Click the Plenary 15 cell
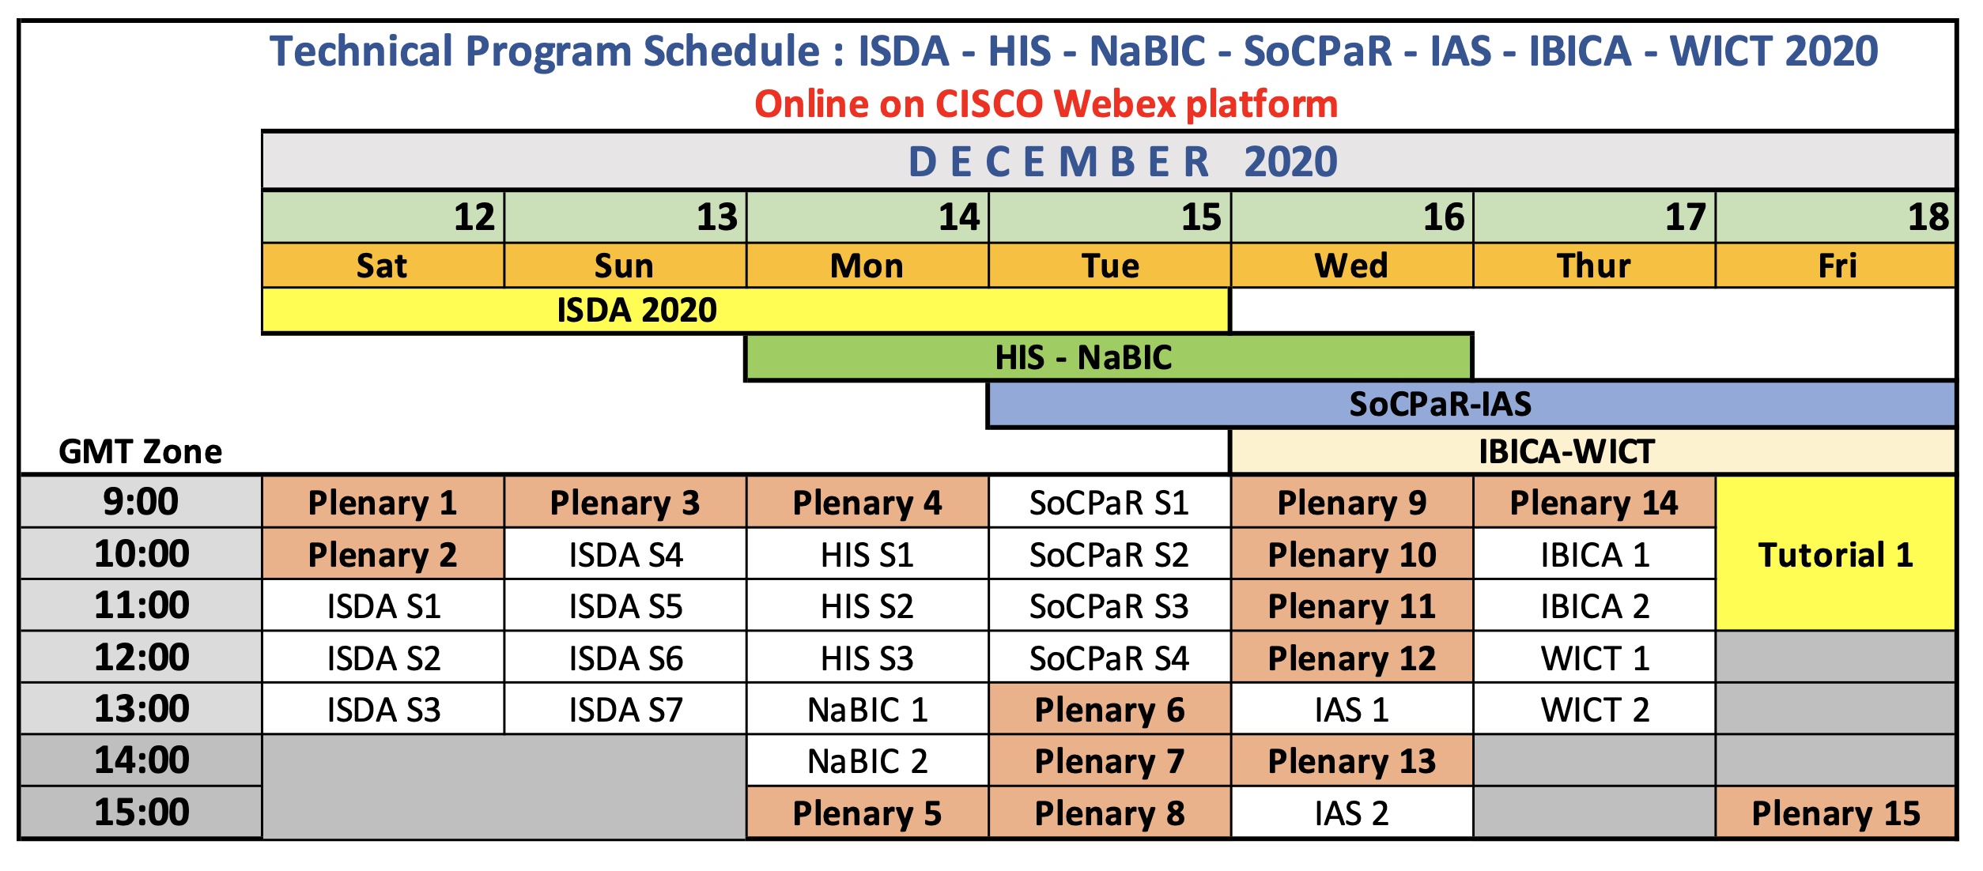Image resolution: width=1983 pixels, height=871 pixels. click(x=1835, y=813)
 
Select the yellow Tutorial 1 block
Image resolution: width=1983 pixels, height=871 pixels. click(x=1835, y=553)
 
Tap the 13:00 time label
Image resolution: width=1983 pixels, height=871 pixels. click(x=142, y=709)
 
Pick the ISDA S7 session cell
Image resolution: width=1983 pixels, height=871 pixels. click(x=625, y=709)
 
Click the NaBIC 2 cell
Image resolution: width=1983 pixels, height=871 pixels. click(x=867, y=760)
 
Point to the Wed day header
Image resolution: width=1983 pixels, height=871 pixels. click(x=1352, y=266)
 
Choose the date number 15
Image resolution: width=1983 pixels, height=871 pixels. click(x=1201, y=217)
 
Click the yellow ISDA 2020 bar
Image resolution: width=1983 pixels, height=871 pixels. click(x=746, y=310)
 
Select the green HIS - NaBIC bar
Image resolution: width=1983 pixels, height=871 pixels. click(x=1109, y=357)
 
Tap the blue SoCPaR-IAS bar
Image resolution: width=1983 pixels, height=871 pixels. click(x=1471, y=404)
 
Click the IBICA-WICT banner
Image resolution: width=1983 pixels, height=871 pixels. click(x=1592, y=451)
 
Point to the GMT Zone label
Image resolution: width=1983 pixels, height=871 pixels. click(x=141, y=452)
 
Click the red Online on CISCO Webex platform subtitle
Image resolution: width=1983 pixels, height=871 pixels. click(x=1046, y=104)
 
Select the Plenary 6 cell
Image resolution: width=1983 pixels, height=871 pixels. click(x=1109, y=709)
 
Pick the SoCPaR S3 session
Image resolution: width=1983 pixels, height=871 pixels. click(x=1109, y=605)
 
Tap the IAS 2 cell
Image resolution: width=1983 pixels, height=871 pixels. click(x=1352, y=813)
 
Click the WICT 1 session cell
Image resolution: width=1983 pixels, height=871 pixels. click(x=1595, y=658)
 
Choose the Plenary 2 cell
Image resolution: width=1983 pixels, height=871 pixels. click(x=383, y=554)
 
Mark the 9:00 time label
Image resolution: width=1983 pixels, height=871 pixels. click(x=142, y=502)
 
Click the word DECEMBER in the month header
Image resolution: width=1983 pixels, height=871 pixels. click(x=1059, y=162)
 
